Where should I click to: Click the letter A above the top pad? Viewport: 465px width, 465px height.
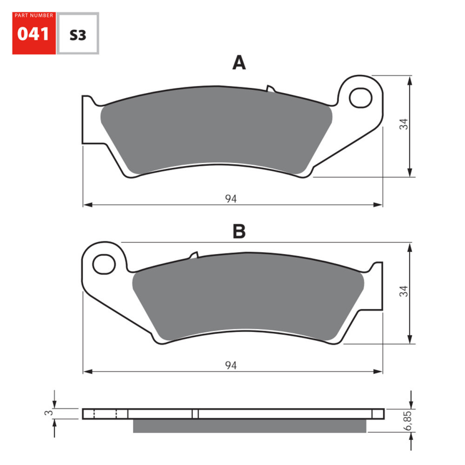point(239,63)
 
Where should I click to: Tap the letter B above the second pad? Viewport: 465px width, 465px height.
point(239,231)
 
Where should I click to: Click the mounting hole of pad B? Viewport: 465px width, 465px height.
point(103,264)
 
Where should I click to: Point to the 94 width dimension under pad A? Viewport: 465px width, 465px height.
point(231,199)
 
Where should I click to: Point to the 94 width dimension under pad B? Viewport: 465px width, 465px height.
point(231,366)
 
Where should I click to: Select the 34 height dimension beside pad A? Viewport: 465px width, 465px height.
point(404,124)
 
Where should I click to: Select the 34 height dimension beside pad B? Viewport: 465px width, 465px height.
point(404,292)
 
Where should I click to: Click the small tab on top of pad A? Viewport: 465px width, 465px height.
point(271,88)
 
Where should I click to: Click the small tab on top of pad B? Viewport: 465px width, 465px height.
point(194,255)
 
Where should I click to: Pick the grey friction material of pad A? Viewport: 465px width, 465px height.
point(216,135)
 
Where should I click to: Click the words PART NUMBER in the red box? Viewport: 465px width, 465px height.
point(33,16)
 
